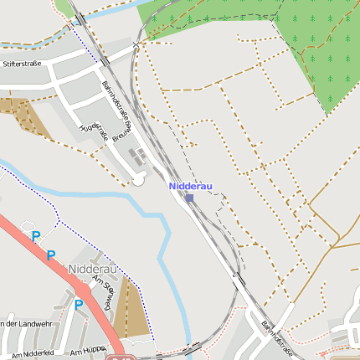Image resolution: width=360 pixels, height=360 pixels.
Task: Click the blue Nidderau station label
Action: point(191,186)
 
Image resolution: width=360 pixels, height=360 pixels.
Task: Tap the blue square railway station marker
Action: point(190,198)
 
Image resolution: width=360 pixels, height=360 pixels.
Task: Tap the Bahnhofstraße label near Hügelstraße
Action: point(116,100)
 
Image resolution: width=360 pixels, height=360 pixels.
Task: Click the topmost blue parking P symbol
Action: point(36,237)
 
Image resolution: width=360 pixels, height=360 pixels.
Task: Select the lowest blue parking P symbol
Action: point(79,305)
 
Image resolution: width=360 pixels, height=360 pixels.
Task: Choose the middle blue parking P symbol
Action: point(51,255)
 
